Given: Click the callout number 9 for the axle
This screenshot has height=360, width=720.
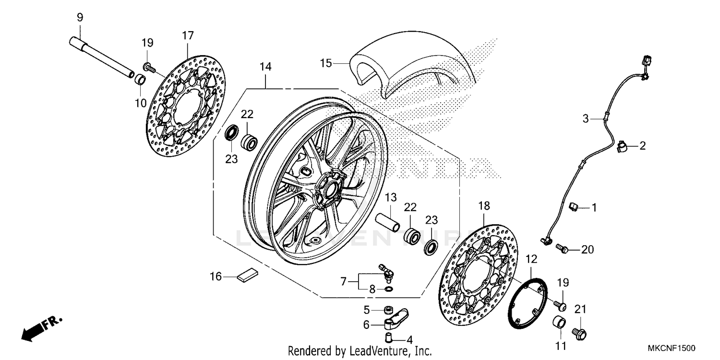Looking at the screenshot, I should tap(80, 18).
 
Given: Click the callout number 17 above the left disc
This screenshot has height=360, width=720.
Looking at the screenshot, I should tap(188, 36).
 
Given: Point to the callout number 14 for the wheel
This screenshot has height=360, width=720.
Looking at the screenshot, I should tap(265, 67).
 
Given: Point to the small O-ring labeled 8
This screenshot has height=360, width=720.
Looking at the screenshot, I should tap(388, 289).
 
